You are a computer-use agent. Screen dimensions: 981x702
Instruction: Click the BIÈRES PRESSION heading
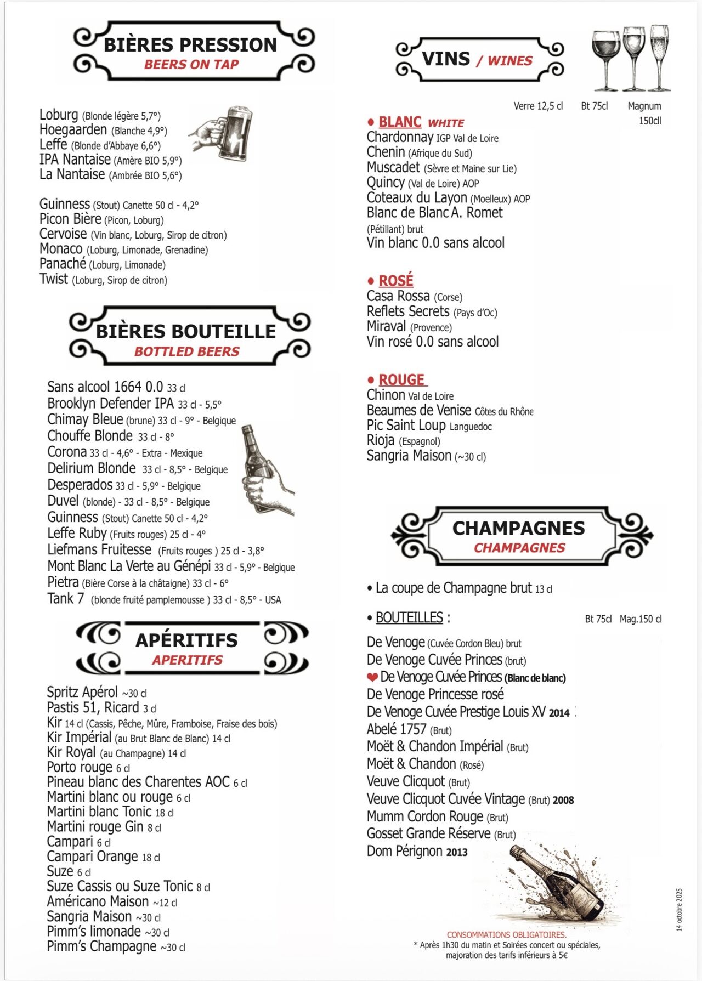pos(190,44)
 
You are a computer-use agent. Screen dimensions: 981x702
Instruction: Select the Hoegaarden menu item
pos(73,130)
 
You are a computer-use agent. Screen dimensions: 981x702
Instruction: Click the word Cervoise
pos(63,234)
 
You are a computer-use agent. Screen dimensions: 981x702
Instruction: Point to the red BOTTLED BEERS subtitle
pos(187,352)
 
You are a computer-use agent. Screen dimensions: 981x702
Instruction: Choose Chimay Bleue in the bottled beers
pos(85,420)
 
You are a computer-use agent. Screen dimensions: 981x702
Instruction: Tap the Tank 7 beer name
pos(65,599)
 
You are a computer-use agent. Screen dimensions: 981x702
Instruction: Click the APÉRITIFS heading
pos(187,640)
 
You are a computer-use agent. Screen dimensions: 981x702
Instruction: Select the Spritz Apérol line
pos(82,692)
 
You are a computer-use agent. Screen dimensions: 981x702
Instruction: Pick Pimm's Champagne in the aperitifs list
pos(102,947)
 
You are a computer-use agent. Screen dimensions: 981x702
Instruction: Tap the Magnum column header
pos(644,106)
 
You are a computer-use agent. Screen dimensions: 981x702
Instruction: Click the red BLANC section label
pos(400,122)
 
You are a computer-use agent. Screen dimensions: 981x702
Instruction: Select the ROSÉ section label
pos(395,281)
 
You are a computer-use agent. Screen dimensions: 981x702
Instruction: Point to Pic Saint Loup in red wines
pos(406,426)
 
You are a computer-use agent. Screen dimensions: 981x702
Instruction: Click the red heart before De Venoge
pos(372,677)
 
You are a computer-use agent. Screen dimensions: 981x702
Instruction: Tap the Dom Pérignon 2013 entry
pos(417,852)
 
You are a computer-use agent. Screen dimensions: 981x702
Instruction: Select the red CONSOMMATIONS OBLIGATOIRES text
pos(507,935)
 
